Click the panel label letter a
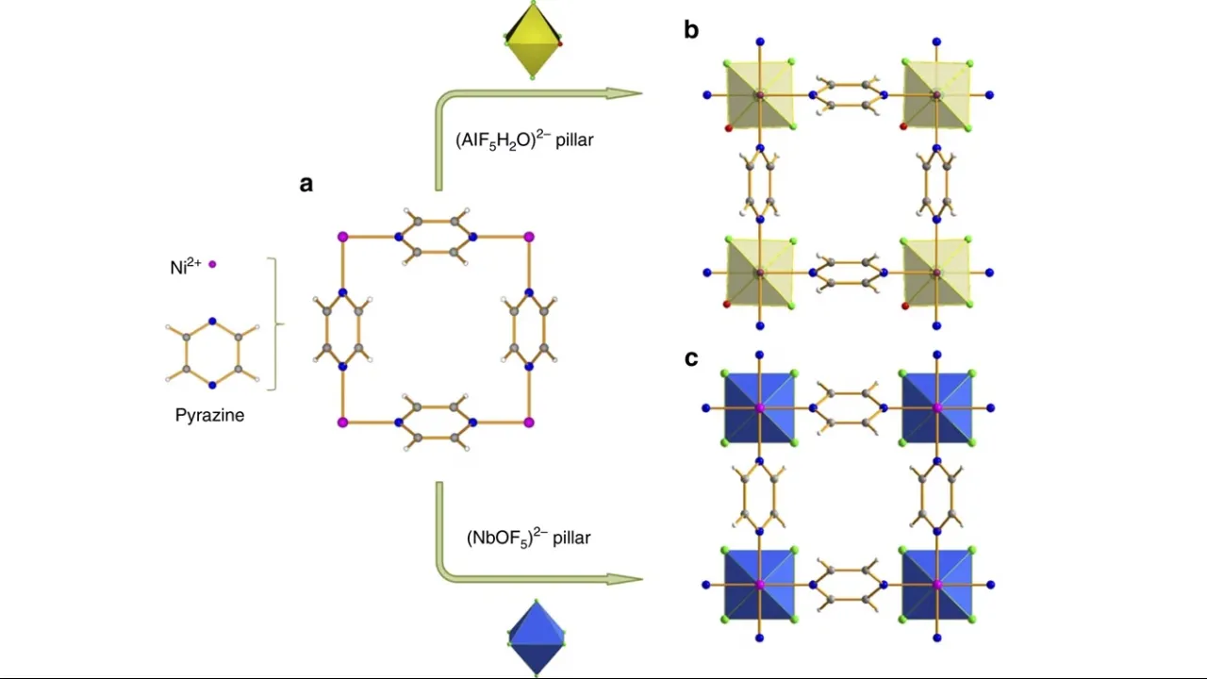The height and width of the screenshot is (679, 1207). point(306,184)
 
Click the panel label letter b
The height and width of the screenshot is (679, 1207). point(691,30)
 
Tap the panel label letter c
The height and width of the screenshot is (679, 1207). point(691,358)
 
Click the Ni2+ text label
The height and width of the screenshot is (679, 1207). point(186,267)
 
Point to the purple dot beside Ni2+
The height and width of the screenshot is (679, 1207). point(212,265)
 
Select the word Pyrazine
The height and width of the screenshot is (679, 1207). point(209,415)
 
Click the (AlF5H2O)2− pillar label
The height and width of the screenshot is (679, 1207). point(524,141)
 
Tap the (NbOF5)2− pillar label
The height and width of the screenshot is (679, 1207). point(528,538)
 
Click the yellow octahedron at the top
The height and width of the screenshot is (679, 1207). point(534,40)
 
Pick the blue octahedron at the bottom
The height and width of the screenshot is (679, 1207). point(537,638)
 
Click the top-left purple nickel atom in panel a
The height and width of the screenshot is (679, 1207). point(342,236)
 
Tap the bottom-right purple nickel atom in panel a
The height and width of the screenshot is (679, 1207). point(528,422)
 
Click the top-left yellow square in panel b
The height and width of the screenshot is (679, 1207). point(759,94)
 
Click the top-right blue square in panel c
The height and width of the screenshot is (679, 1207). point(936,407)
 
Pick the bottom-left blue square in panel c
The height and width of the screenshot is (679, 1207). point(759,585)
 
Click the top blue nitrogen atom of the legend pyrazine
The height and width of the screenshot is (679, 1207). point(212,322)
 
